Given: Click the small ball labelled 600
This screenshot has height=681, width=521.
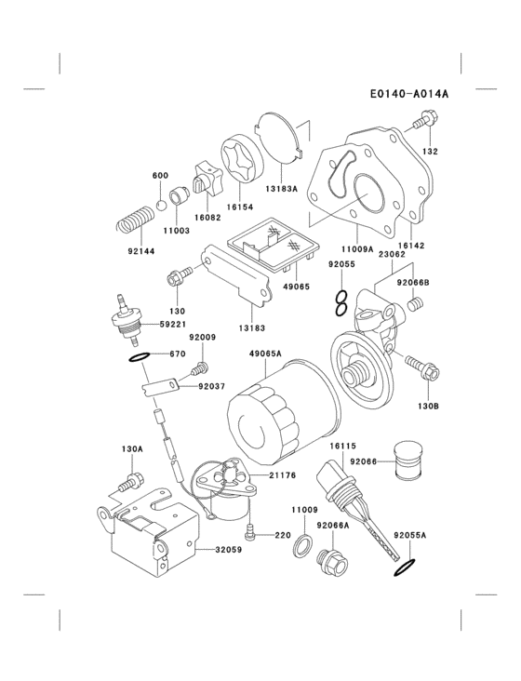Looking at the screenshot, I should click(x=160, y=203).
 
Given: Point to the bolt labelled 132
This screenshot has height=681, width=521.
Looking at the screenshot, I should click(x=423, y=120).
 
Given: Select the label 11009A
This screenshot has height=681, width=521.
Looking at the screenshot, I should click(x=356, y=249).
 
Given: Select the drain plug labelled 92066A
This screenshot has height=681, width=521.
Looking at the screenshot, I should click(x=330, y=562).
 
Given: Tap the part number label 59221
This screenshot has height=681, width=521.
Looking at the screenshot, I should click(x=170, y=325).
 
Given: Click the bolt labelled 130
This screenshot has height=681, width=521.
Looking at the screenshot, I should click(x=179, y=275).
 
